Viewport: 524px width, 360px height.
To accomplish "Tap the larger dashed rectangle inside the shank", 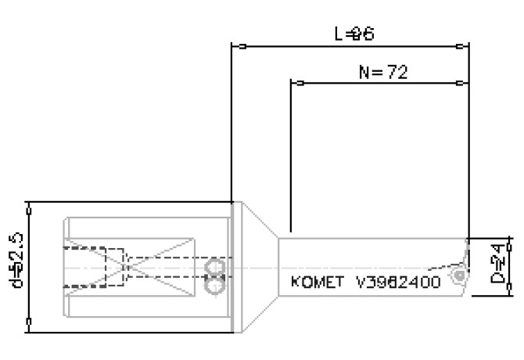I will pos(93,268).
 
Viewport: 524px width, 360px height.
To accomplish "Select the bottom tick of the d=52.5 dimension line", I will pos(30,321).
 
